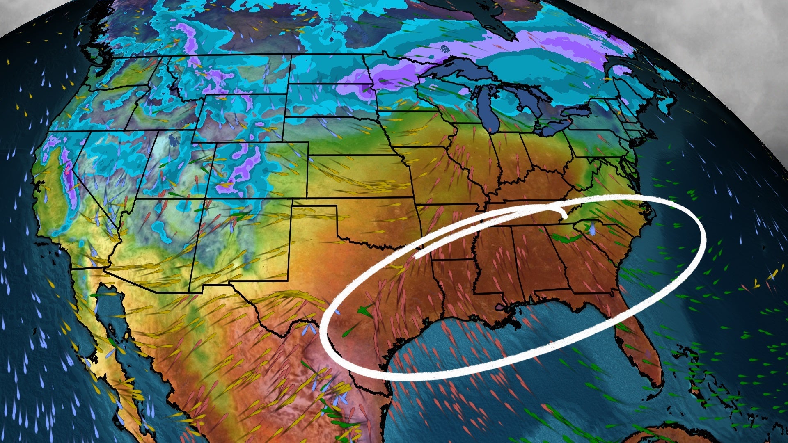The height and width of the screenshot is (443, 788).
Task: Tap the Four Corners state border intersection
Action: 205,199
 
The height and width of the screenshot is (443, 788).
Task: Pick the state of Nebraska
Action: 341,135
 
